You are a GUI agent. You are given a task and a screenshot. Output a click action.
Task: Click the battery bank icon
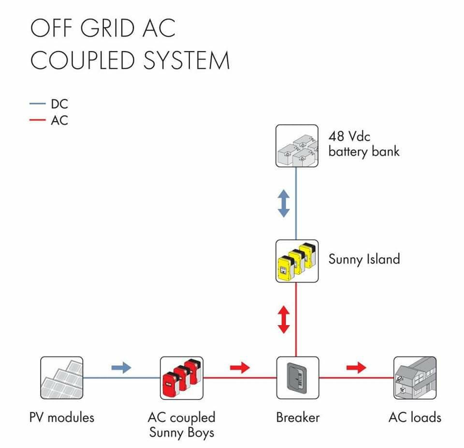pyautogui.click(x=297, y=146)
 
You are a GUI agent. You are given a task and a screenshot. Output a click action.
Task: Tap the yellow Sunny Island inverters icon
pyautogui.click(x=297, y=261)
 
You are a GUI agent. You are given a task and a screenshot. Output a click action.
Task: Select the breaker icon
pyautogui.click(x=298, y=378)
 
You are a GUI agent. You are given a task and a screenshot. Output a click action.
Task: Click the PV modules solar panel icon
pyautogui.click(x=61, y=378)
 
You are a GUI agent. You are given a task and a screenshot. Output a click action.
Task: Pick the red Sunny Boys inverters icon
pyautogui.click(x=182, y=378)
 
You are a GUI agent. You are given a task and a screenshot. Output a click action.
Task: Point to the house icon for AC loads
pyautogui.click(x=415, y=378)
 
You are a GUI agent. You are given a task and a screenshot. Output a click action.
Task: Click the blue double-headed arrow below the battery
pyautogui.click(x=284, y=204)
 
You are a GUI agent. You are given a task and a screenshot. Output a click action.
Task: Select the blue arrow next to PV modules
pyautogui.click(x=121, y=368)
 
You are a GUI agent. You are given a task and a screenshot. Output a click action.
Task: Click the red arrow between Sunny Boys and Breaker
pyautogui.click(x=240, y=368)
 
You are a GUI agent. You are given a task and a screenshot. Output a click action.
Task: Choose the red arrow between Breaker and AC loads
pyautogui.click(x=356, y=368)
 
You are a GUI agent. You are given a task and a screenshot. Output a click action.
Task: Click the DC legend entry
pyautogui.click(x=49, y=104)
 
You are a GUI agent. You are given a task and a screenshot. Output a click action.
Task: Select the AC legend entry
pyautogui.click(x=49, y=120)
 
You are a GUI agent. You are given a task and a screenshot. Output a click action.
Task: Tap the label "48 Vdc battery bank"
pyautogui.click(x=363, y=144)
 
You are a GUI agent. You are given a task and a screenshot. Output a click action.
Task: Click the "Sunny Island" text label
pyautogui.click(x=364, y=259)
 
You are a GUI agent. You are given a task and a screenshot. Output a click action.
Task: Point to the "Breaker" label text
pyautogui.click(x=298, y=417)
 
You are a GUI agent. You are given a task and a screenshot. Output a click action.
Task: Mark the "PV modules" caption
pyautogui.click(x=62, y=417)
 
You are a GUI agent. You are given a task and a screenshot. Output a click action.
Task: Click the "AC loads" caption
pyautogui.click(x=415, y=417)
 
